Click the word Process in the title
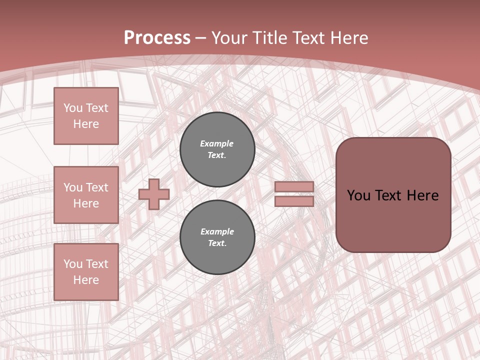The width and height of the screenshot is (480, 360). coord(157,38)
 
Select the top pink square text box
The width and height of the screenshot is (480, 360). coord(86,116)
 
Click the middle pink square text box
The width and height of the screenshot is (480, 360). coord(86,195)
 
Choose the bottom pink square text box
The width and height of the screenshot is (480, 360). coord(86,271)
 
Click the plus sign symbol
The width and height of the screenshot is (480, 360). coord(154,194)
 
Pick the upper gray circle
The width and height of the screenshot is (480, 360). coord(217,149)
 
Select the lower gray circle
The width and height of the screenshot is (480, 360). coord(217,237)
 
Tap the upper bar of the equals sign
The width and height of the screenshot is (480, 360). coord(294,186)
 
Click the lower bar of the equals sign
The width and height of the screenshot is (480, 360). coord(294,201)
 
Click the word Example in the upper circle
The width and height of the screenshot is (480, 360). coord(216,143)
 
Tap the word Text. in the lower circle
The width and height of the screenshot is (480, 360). coord(217,243)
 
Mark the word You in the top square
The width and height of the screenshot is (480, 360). coord(73,108)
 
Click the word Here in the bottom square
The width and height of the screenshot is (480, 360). coord(86,280)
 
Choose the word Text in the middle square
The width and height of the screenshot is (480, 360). coord(97,187)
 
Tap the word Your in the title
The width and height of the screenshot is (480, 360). coord(227,38)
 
